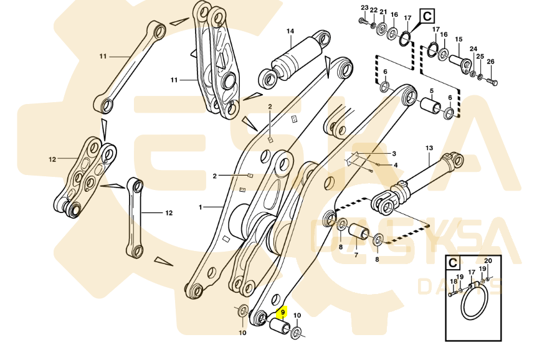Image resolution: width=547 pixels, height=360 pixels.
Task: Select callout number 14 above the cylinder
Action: (x=290, y=31)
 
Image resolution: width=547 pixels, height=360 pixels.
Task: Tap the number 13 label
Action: (x=429, y=148)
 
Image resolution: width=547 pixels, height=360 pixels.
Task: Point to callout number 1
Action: (x=201, y=207)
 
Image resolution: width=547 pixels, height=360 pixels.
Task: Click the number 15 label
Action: (x=459, y=39)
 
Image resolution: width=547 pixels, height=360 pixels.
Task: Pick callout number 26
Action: (x=490, y=62)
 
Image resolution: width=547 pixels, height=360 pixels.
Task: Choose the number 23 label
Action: (x=364, y=7)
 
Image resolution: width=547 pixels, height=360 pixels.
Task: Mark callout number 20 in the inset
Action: (x=488, y=261)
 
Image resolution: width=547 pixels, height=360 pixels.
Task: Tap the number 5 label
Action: (x=430, y=91)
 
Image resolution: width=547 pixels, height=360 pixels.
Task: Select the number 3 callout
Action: (x=394, y=153)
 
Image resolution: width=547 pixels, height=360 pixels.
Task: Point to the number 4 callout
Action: (x=396, y=165)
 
